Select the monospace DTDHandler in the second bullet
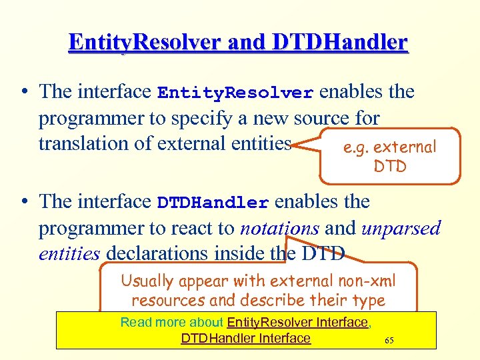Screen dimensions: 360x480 pos(213,202)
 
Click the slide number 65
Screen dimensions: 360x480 pos(389,341)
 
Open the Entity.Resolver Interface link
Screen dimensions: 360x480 pos(297,323)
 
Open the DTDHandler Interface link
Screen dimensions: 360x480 pos(245,338)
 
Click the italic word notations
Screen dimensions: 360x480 pos(279,228)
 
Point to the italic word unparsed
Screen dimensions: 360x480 pos(401,228)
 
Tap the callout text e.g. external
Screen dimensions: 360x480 pos(389,147)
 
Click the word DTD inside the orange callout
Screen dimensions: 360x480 pos(390,167)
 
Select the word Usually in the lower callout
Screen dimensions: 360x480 pos(147,281)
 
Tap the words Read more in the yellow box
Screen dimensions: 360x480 pos(152,323)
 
